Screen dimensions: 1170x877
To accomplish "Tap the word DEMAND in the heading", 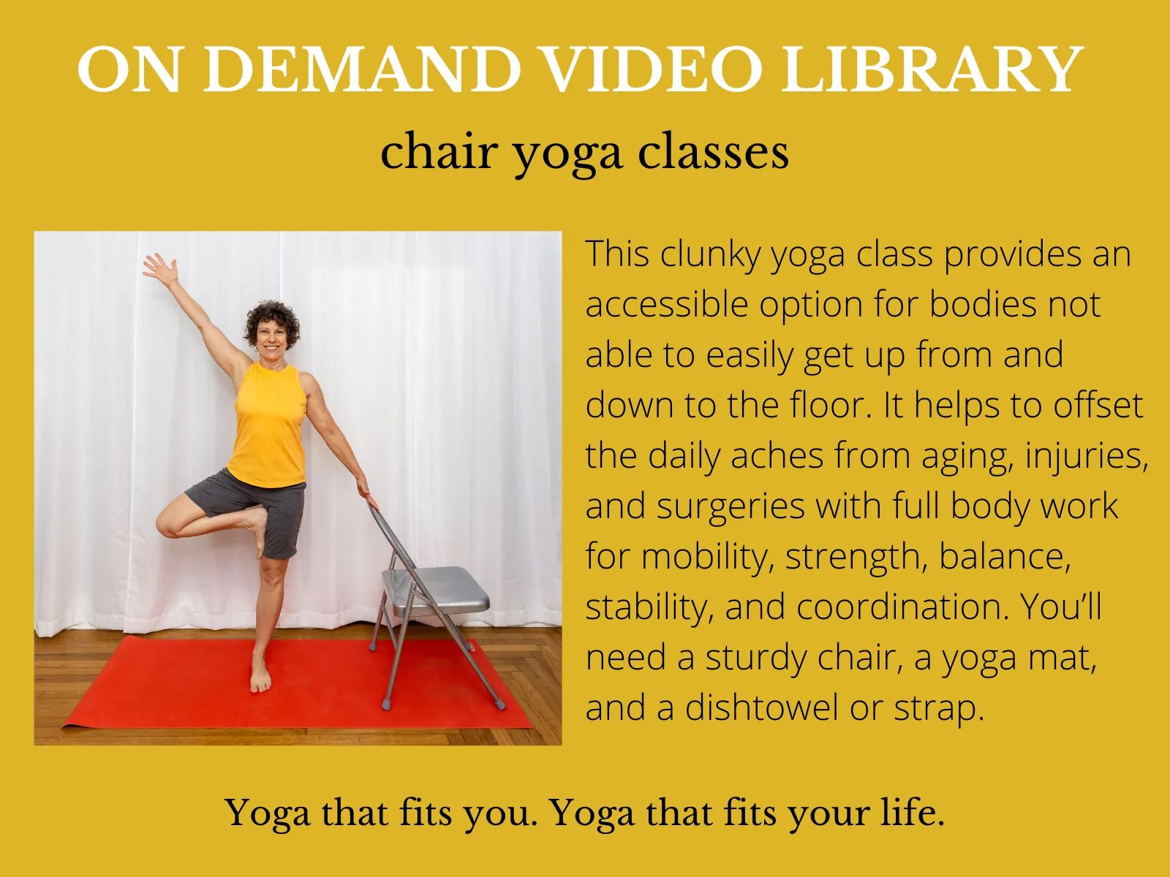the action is (362, 69).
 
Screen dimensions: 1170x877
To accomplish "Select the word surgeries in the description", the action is (731, 507).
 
